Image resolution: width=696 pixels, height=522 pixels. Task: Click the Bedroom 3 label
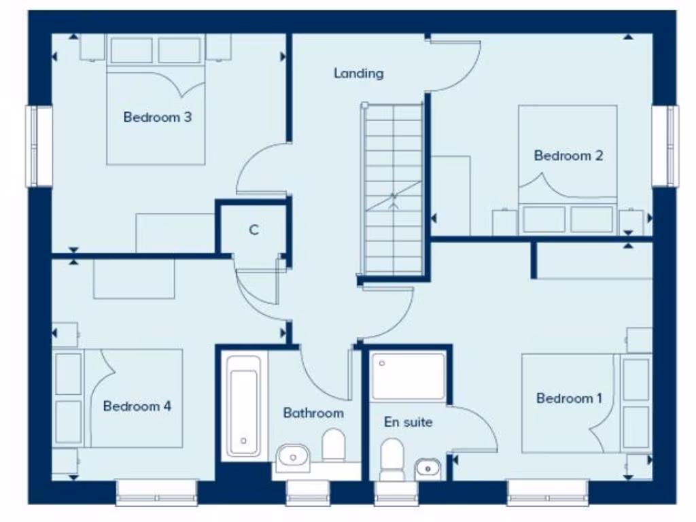(157, 117)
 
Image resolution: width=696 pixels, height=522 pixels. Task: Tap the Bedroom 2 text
(568, 156)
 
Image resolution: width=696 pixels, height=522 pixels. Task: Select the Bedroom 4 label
(137, 406)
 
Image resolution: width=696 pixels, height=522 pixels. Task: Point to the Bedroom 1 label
(569, 398)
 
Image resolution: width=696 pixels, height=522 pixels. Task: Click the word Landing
(358, 73)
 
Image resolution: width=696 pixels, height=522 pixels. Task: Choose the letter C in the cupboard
(254, 230)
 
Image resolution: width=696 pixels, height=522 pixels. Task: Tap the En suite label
(408, 422)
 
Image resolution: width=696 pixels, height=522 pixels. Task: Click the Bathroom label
(313, 413)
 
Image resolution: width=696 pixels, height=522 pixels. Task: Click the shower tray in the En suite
(408, 376)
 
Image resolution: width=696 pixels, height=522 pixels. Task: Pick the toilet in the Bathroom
(334, 445)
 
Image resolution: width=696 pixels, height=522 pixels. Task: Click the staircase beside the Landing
(394, 190)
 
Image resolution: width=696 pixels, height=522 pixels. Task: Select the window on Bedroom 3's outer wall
(39, 145)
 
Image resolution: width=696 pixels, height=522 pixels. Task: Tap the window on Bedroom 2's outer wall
(665, 145)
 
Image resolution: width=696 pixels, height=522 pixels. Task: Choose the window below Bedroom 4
(156, 492)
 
